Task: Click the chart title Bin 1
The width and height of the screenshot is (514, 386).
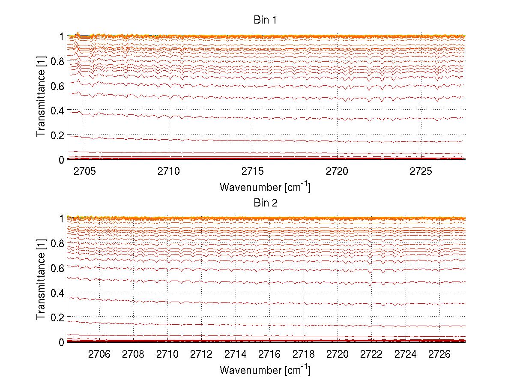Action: point(266,20)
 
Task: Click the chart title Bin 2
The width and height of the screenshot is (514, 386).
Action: point(266,203)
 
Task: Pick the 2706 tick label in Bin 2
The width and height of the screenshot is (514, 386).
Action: point(100,354)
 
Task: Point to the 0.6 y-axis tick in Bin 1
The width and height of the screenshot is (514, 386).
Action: point(58,86)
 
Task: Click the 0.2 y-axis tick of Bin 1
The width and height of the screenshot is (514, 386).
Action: point(58,135)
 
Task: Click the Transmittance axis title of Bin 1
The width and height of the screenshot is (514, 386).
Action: point(41,98)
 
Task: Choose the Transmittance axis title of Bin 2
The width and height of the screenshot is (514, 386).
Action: point(41,281)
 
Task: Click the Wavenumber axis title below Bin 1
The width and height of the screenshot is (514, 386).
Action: point(265,187)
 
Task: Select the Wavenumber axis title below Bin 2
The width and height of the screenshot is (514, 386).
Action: point(265,370)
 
